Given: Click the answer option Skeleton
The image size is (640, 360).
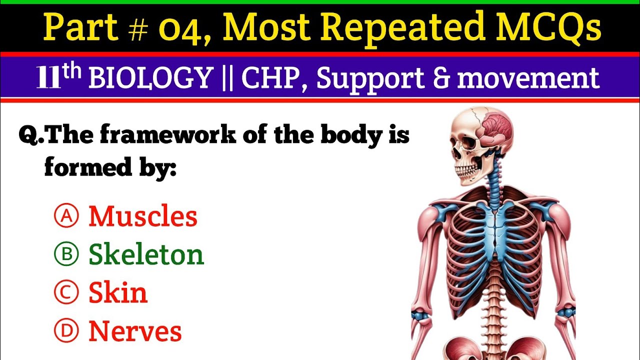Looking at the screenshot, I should [146, 255].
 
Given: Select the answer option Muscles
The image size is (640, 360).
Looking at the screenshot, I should [143, 216].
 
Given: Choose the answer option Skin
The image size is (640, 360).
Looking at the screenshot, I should [118, 293].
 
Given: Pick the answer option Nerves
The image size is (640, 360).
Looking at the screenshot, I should [135, 331].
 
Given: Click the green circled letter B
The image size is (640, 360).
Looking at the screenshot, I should [66, 255].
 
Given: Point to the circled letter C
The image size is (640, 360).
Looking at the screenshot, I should [66, 293].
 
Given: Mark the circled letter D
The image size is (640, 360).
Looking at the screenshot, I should [66, 331].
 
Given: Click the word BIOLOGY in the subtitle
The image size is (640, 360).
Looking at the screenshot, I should [150, 78].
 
